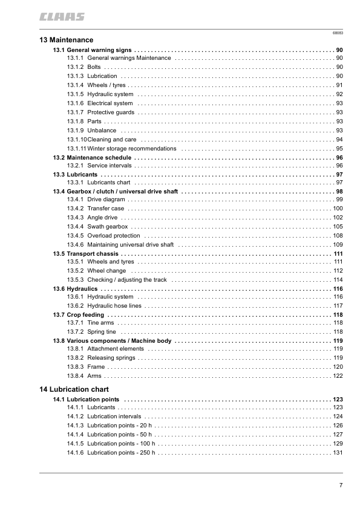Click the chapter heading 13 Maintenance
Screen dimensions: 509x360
62,39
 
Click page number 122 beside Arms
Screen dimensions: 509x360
338,376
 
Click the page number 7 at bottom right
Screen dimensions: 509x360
341,485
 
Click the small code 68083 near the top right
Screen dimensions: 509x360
338,32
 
